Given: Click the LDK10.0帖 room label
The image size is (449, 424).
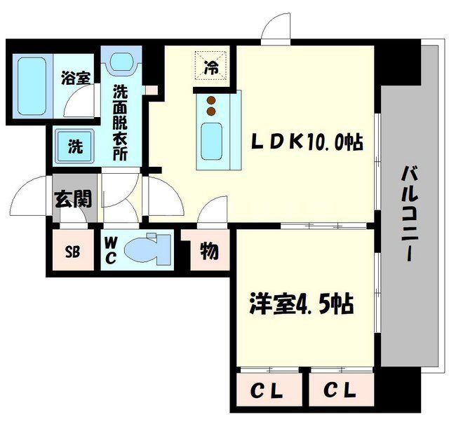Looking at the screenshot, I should pos(307,143).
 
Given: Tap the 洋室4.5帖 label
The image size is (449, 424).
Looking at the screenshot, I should pos(300,305).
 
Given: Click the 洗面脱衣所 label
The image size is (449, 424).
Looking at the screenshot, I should pos(121,123).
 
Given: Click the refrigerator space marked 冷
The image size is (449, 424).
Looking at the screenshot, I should pos(211,68).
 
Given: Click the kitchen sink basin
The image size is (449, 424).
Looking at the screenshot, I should pos(210,141).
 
